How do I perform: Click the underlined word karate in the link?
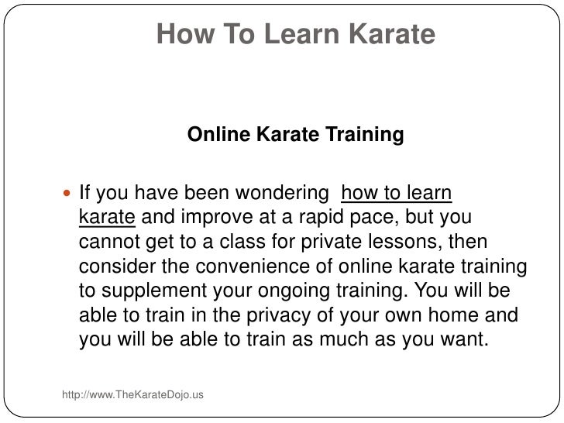(x=108, y=217)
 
